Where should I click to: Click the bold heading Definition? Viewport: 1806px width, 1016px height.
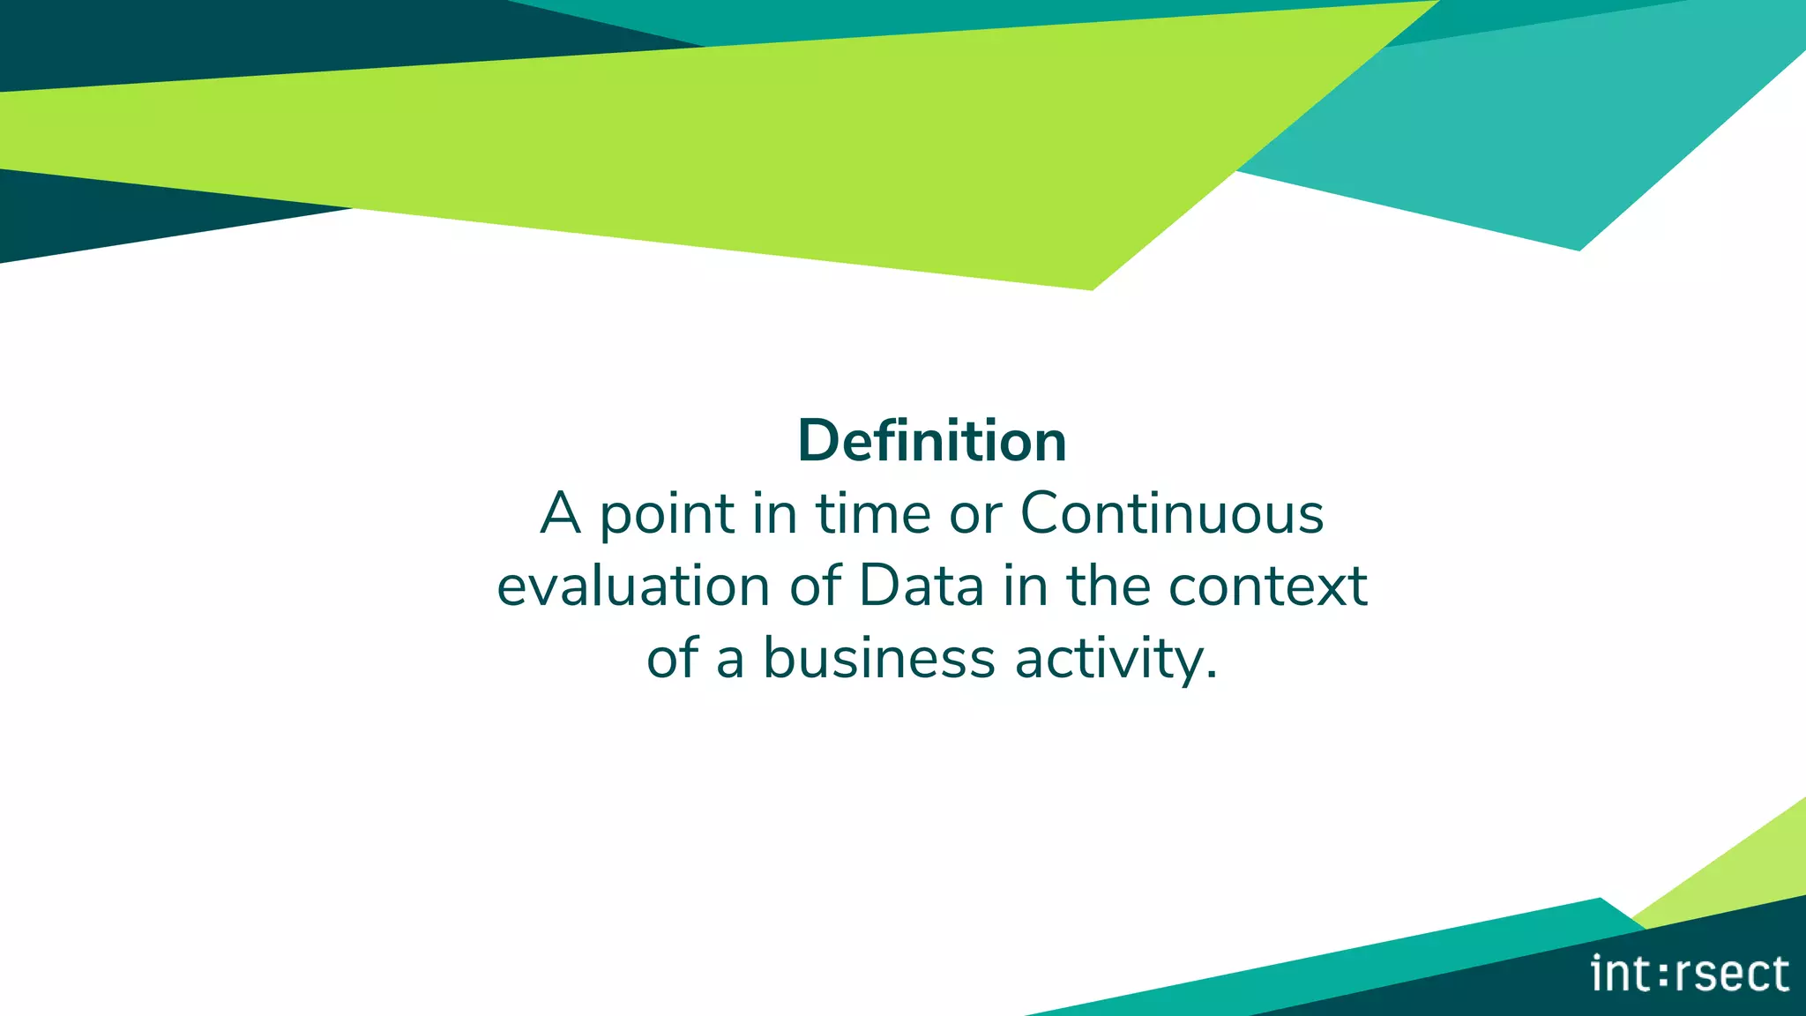click(x=932, y=441)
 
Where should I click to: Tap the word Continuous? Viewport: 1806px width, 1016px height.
click(x=1172, y=513)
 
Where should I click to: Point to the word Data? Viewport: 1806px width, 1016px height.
click(x=921, y=586)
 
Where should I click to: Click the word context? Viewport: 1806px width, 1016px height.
click(x=1267, y=586)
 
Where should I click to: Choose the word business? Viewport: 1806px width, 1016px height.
click(x=878, y=659)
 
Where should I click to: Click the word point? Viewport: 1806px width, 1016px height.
click(x=667, y=515)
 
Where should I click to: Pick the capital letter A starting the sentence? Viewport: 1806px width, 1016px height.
click(x=561, y=513)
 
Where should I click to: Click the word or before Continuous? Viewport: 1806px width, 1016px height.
click(x=975, y=515)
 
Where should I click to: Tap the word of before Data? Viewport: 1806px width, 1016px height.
click(x=815, y=586)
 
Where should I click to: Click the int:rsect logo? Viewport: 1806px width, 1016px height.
click(x=1690, y=974)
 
